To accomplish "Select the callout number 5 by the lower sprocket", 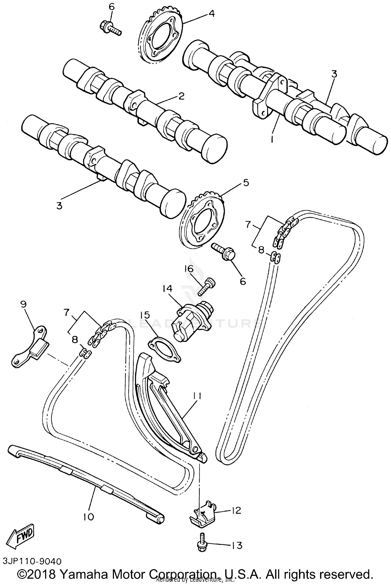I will tap(246, 183).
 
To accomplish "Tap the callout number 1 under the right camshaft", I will tap(272, 140).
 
